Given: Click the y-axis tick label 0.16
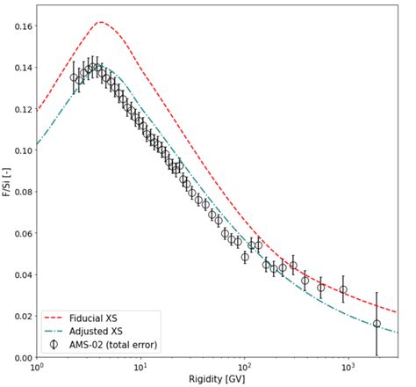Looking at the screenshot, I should pyautogui.click(x=18, y=26).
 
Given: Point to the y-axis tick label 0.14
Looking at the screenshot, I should pyautogui.click(x=18, y=68).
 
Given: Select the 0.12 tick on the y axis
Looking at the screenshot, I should pyautogui.click(x=18, y=109).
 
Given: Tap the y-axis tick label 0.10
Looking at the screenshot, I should pyautogui.click(x=18, y=150).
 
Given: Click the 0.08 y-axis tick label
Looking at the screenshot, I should pyautogui.click(x=18, y=192).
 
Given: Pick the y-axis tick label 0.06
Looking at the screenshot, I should pyautogui.click(x=18, y=233).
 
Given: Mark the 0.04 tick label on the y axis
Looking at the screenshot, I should pyautogui.click(x=18, y=274).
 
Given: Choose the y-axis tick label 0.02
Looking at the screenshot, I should pyautogui.click(x=18, y=316).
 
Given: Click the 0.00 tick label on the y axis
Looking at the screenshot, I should pyautogui.click(x=18, y=357).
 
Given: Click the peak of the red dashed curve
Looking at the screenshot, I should pyautogui.click(x=100, y=22).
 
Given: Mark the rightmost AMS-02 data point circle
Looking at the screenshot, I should pyautogui.click(x=377, y=324).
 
